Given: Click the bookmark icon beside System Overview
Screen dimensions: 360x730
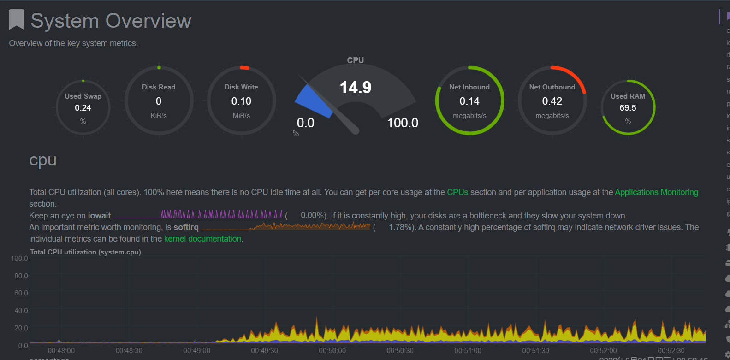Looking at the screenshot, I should click(17, 20).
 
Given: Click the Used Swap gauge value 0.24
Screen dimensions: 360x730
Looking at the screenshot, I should click(83, 108).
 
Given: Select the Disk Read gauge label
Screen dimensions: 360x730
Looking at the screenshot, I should click(159, 87).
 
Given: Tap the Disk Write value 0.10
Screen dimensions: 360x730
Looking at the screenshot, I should click(241, 101).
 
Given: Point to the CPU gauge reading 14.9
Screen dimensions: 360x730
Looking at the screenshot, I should click(356, 87).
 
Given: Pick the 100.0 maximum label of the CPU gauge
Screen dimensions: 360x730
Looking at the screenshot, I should click(403, 123).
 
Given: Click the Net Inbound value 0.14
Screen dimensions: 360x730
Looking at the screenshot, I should click(469, 101).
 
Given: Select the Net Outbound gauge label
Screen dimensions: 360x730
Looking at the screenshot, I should click(552, 87).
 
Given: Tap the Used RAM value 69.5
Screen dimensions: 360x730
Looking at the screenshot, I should click(628, 108).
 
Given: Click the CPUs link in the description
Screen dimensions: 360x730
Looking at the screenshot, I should click(457, 192).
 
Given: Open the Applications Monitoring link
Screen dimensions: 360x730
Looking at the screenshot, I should click(656, 192).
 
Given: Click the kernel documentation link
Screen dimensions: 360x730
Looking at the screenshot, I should click(202, 239).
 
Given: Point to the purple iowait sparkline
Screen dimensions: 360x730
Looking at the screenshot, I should click(221, 214).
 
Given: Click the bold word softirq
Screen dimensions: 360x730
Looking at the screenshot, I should click(186, 227).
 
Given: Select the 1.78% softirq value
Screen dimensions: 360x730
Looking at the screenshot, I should click(400, 227).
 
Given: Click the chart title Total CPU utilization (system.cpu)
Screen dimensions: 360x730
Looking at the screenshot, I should click(85, 252).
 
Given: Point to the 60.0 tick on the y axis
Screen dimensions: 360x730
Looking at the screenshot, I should click(21, 293).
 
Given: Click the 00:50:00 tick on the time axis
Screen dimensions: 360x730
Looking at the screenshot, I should click(332, 351).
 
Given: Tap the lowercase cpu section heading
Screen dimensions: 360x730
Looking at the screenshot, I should click(43, 160).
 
